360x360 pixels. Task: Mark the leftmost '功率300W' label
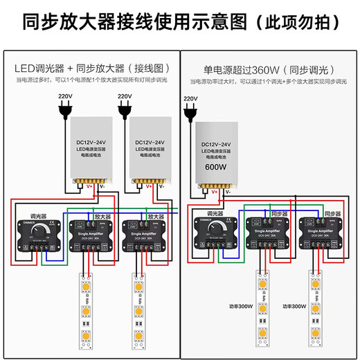(239, 305)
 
